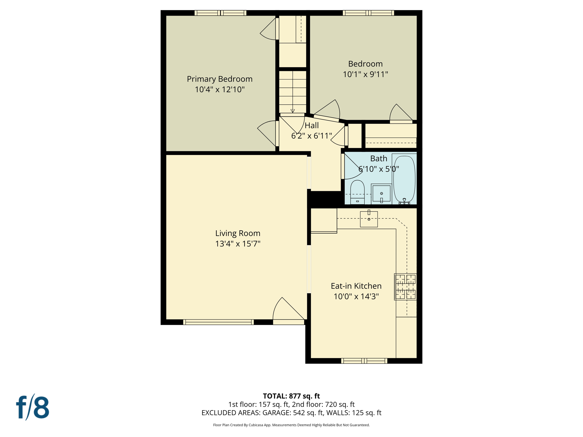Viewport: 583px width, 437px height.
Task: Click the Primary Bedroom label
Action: tap(219, 79)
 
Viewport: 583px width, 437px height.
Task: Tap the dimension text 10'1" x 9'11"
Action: tap(365, 75)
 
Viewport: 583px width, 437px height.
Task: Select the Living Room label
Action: tap(238, 233)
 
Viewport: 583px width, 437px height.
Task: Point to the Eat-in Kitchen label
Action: tap(356, 286)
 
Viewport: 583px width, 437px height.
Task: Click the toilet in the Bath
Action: tap(357, 192)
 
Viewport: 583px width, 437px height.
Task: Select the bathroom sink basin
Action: tap(381, 194)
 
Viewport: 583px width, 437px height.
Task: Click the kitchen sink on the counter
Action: tap(369, 219)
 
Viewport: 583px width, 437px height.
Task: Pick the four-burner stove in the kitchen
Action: tap(405, 287)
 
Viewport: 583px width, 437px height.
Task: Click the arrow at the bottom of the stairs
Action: tap(293, 111)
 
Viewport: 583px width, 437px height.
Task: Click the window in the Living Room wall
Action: tap(218, 322)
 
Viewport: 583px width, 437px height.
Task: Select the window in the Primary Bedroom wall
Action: tap(220, 13)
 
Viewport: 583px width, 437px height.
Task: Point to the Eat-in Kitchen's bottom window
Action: tap(364, 361)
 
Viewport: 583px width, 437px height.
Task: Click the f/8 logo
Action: tap(32, 407)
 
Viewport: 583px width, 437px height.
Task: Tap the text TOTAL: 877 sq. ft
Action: tap(291, 396)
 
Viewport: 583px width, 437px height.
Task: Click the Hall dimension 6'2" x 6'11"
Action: tap(311, 136)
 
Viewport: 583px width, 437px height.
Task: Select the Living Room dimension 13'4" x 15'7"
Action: tap(238, 244)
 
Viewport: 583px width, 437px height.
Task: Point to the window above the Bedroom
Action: tap(368, 13)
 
